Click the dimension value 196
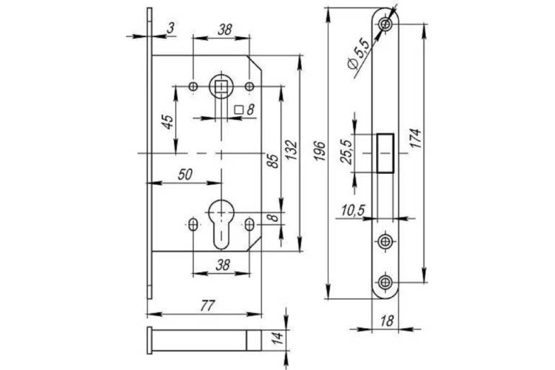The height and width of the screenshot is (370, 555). [320, 151]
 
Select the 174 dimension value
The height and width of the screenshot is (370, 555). [416, 138]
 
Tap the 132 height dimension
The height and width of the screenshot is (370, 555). [292, 150]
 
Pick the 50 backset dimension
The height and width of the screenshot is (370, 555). [185, 174]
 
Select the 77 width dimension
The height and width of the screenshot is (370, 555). [207, 305]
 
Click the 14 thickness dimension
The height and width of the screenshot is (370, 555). [278, 338]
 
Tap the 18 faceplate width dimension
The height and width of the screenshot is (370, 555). [387, 320]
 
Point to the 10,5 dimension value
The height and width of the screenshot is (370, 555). [353, 210]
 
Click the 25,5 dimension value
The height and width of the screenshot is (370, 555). [346, 152]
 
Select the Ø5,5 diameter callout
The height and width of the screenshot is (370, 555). [358, 53]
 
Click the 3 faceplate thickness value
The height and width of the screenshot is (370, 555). [171, 27]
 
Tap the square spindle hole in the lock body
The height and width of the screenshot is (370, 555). [221, 86]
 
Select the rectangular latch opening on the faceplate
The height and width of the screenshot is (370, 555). [385, 153]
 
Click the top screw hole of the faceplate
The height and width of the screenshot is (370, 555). [385, 24]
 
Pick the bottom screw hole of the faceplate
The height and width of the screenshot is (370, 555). [385, 282]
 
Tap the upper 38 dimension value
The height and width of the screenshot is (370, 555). [225, 30]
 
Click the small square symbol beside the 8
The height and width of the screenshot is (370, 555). [239, 110]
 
